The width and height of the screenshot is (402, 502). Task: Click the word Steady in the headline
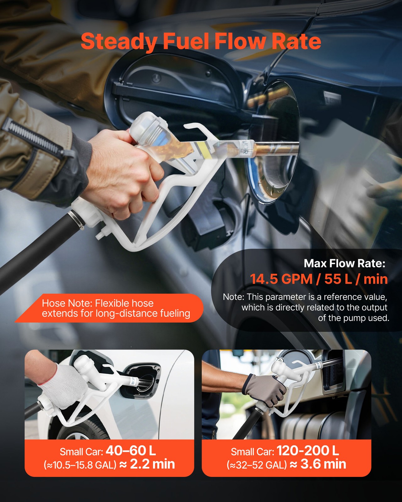coord(119,42)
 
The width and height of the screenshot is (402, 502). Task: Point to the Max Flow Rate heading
coord(345,263)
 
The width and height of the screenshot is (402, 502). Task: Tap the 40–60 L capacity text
coord(131,451)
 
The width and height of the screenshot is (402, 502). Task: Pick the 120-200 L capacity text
coord(308,451)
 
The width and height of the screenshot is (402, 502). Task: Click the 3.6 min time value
coord(323,464)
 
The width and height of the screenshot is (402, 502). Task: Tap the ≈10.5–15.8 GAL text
coord(80,465)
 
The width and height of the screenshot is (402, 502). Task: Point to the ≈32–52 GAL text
coord(257,465)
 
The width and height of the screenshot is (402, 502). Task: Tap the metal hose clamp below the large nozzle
coord(77,219)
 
